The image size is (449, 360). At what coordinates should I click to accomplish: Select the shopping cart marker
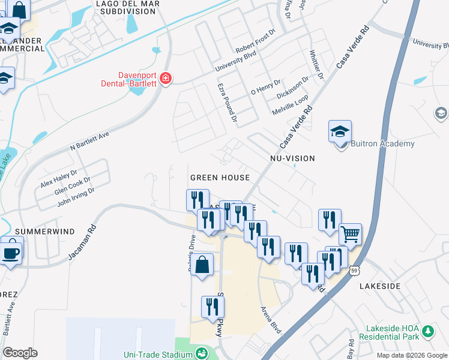pyautogui.click(x=350, y=233)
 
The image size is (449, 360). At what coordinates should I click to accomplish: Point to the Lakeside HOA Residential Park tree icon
pyautogui.click(x=427, y=331)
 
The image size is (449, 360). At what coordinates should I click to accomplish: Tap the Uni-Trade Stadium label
pyautogui.click(x=157, y=354)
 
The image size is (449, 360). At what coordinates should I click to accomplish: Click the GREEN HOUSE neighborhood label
pyautogui.click(x=220, y=178)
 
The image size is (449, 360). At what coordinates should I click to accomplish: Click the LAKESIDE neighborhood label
pyautogui.click(x=379, y=286)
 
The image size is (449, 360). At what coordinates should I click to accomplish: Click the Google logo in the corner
pyautogui.click(x=20, y=352)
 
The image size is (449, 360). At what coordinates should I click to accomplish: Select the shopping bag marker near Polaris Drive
pyautogui.click(x=203, y=264)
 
